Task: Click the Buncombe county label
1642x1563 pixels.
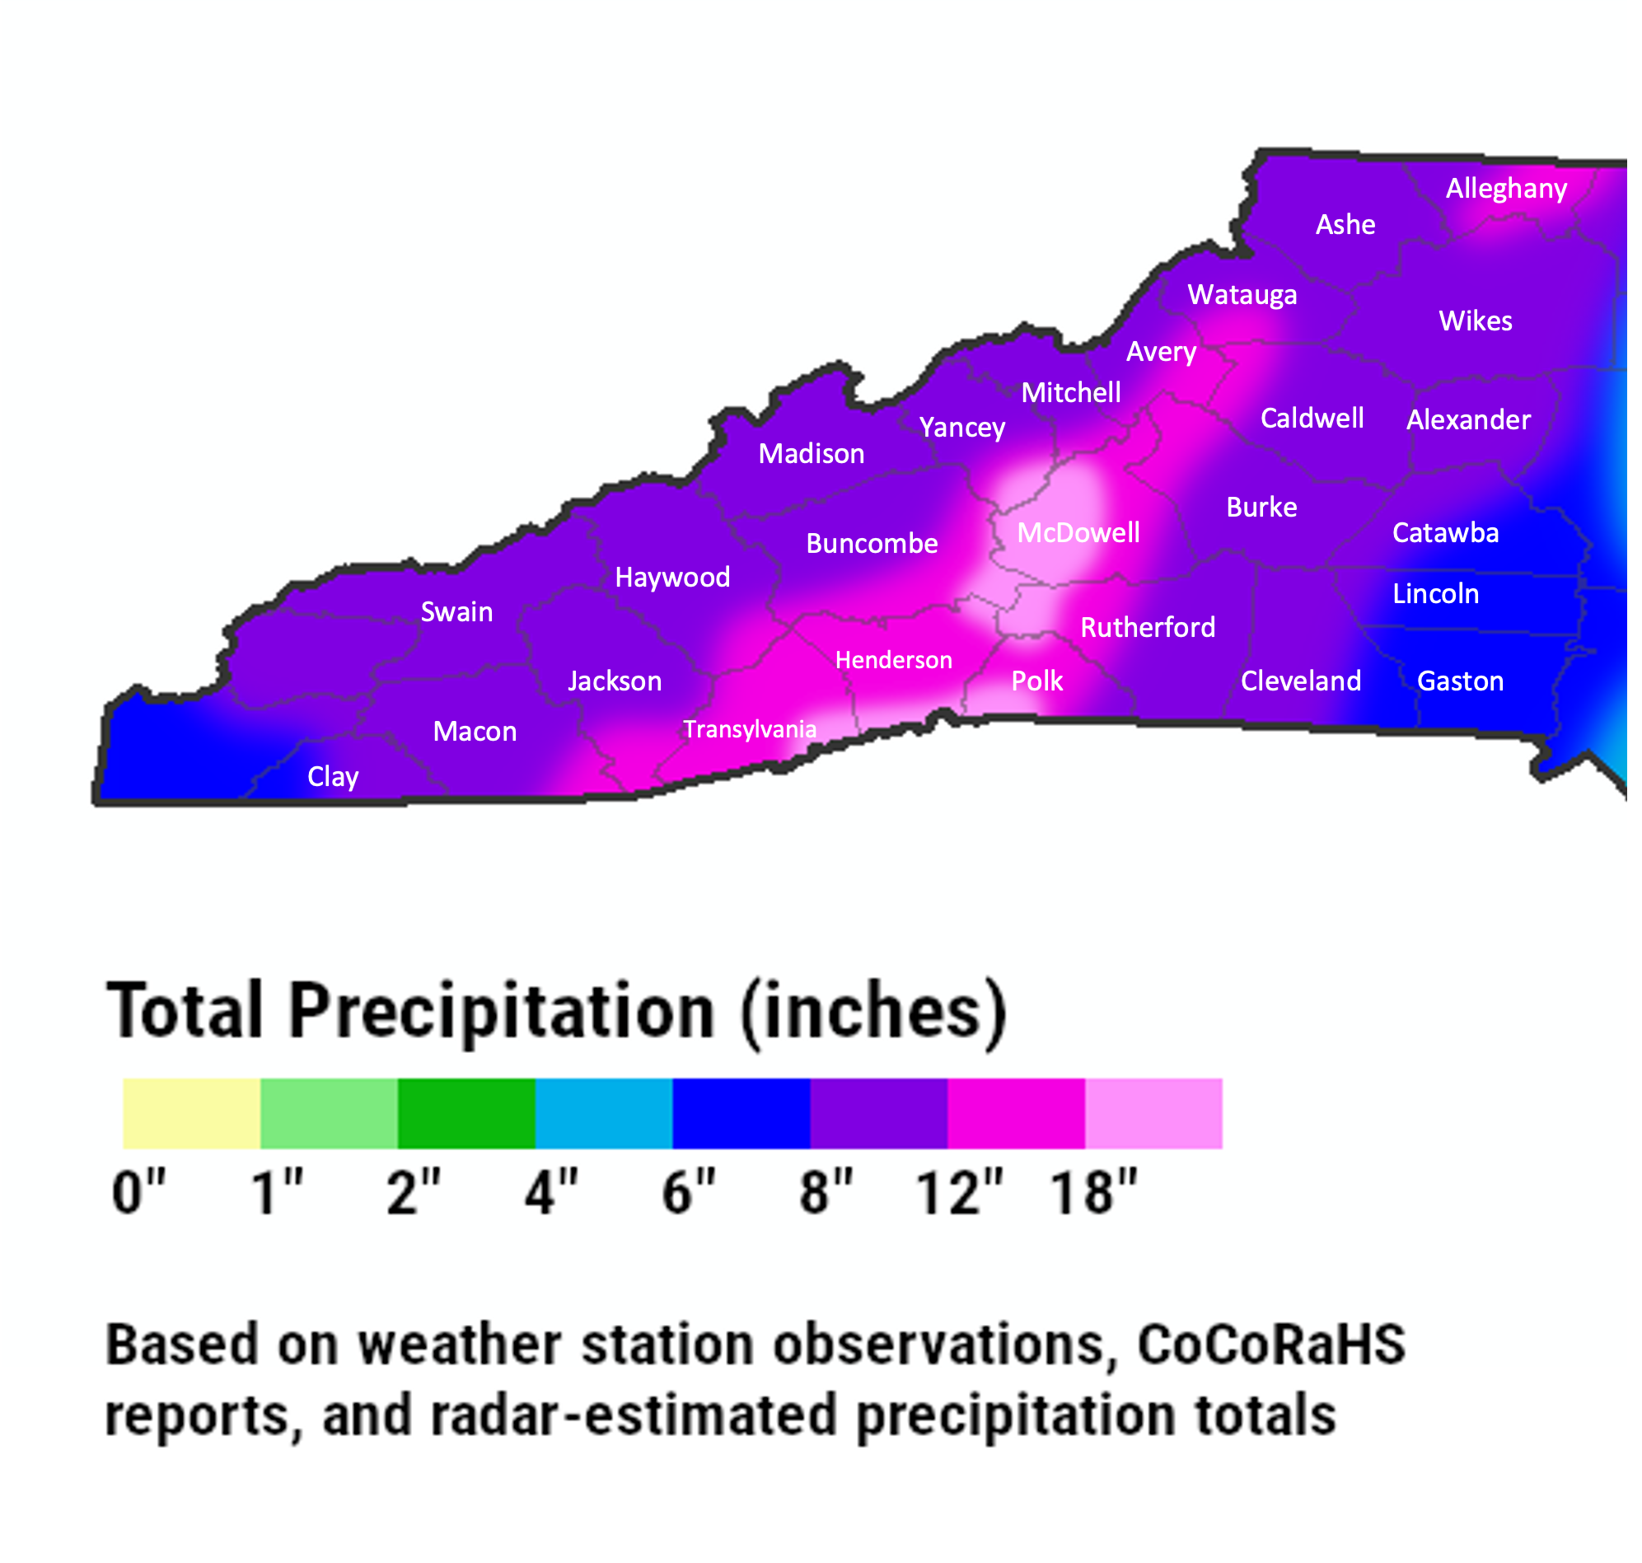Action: (x=872, y=543)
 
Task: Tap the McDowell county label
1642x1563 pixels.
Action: (x=1078, y=532)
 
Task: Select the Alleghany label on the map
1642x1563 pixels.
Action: (x=1506, y=189)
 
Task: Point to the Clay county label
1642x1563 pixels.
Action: (x=332, y=776)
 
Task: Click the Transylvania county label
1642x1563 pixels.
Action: (x=749, y=729)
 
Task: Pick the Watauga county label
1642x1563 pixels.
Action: (x=1242, y=294)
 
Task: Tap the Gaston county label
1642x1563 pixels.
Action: (x=1461, y=681)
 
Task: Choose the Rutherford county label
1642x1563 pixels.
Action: (x=1147, y=626)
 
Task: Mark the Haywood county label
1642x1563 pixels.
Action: (x=672, y=577)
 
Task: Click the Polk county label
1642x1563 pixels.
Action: (x=1036, y=681)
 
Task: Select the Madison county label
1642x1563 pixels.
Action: (x=811, y=453)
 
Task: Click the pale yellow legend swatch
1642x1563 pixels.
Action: (x=192, y=1113)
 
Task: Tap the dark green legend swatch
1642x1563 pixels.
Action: (x=465, y=1113)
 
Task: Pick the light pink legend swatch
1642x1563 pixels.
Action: (x=1153, y=1113)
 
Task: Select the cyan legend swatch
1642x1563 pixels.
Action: (x=603, y=1113)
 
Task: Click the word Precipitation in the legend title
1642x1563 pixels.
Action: (x=502, y=1012)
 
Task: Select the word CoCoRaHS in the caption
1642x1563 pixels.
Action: (x=1271, y=1345)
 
